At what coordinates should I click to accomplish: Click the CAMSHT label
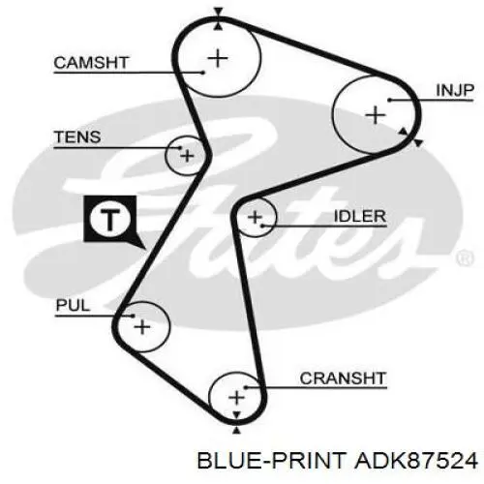(x=91, y=63)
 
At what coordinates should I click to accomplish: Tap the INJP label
(x=455, y=90)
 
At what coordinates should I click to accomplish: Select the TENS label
(x=77, y=137)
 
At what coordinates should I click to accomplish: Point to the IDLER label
(x=360, y=216)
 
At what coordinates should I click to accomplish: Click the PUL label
(x=73, y=305)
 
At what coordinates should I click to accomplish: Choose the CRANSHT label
(x=343, y=378)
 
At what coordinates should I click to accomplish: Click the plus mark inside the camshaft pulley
(x=218, y=58)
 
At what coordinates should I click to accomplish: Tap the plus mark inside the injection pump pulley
(x=376, y=115)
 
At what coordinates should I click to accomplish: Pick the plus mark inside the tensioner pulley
(x=187, y=156)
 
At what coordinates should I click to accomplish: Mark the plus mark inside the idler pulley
(x=255, y=217)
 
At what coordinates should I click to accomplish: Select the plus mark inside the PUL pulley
(x=142, y=327)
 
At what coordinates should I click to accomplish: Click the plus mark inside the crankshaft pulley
(x=236, y=397)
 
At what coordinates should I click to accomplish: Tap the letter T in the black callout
(x=110, y=220)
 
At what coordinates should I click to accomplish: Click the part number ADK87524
(x=416, y=460)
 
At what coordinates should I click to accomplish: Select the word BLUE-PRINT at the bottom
(x=272, y=460)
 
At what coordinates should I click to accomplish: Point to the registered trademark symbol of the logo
(x=465, y=258)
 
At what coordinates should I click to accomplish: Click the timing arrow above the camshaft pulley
(x=219, y=12)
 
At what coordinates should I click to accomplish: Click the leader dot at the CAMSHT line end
(x=203, y=73)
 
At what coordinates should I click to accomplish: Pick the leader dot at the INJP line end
(x=389, y=100)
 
